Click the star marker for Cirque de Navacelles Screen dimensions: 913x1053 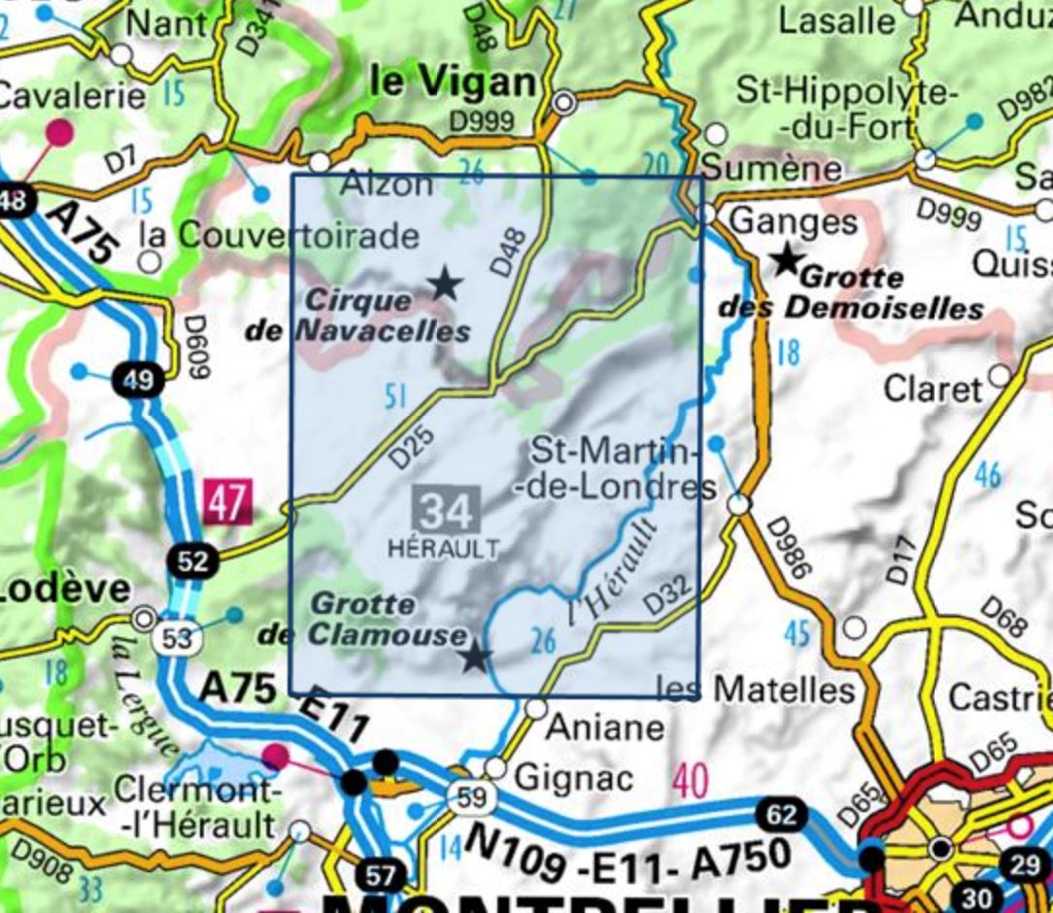click(445, 284)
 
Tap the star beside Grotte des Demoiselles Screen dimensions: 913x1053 click(786, 259)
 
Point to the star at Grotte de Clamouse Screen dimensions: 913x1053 click(474, 658)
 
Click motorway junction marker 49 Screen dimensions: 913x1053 click(138, 380)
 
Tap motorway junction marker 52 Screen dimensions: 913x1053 click(193, 560)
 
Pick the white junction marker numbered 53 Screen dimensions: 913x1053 click(177, 638)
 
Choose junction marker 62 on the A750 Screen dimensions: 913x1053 click(781, 814)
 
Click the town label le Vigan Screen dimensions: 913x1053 click(453, 84)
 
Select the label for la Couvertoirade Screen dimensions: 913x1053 click(280, 235)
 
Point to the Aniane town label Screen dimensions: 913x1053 click(606, 727)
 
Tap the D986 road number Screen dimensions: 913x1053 click(788, 549)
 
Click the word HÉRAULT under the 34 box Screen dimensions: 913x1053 click(443, 548)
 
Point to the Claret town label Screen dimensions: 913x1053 click(933, 389)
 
